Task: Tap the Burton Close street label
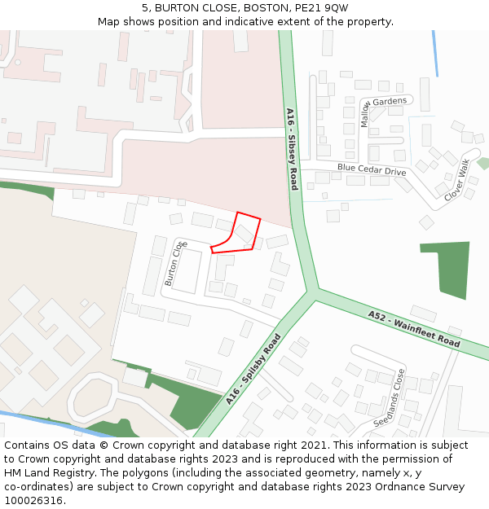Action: click(x=175, y=263)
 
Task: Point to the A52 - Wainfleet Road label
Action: click(x=413, y=329)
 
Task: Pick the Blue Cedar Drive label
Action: click(x=371, y=170)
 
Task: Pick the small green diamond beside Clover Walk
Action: click(x=483, y=163)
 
